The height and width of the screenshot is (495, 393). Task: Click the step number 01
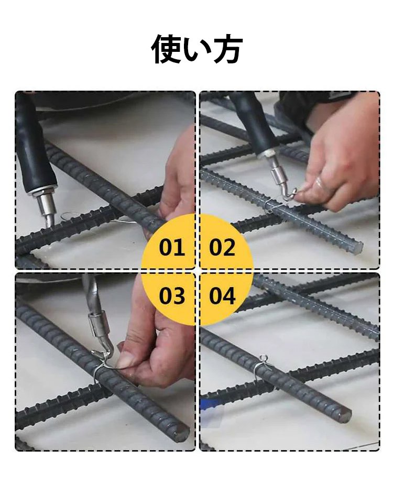coord(172,247)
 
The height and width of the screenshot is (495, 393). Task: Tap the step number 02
coord(222,247)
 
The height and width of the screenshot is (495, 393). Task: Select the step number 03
coord(172,296)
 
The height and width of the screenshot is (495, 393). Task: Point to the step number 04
coord(222,296)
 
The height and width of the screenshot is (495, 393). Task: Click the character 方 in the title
coord(227,49)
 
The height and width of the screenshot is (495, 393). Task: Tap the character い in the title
coord(196,50)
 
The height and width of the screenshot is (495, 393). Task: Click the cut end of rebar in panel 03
coord(182,434)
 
